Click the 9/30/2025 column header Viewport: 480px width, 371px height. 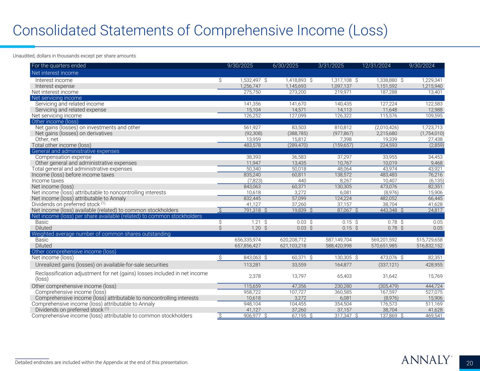coord(240,66)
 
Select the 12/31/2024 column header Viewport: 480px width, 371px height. coord(376,66)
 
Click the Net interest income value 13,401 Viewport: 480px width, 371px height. coord(435,92)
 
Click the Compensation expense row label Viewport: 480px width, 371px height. coord(63,157)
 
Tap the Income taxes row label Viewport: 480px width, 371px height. coord(48,181)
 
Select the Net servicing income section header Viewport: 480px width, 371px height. coord(57,98)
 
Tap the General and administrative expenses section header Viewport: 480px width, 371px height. coord(76,151)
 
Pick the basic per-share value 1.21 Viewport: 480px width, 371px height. coord(255,222)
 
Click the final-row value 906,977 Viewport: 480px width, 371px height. coord(250,316)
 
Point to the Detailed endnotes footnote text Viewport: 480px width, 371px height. coord(102,362)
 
